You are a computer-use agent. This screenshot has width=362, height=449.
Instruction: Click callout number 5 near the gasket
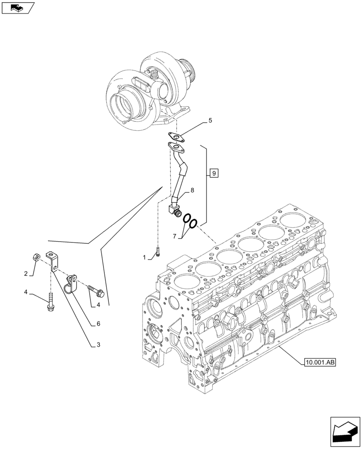(x=210, y=121)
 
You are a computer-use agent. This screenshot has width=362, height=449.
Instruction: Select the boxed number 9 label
(x=214, y=173)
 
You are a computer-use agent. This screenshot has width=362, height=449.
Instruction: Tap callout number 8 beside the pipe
(x=192, y=191)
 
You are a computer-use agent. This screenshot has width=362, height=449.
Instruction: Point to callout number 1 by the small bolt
(x=145, y=257)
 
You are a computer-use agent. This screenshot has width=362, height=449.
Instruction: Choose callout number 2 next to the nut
(x=26, y=273)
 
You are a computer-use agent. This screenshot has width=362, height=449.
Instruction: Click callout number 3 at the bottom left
(x=96, y=345)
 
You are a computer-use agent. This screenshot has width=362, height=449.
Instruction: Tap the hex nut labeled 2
(x=37, y=257)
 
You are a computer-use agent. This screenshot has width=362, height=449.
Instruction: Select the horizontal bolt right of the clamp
(x=96, y=291)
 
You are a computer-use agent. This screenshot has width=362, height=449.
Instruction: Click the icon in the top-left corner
(x=17, y=7)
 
